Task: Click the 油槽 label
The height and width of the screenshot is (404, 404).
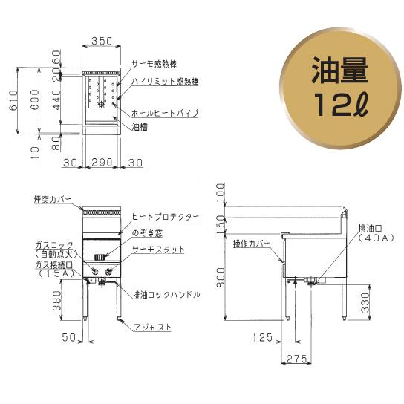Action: coord(140,127)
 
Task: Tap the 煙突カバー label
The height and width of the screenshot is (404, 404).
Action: coord(53,199)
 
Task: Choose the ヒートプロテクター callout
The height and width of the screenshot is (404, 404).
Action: coord(165,216)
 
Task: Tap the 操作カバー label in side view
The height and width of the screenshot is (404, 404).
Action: coord(252,243)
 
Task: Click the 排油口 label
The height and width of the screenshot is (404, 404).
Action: coord(370,228)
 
